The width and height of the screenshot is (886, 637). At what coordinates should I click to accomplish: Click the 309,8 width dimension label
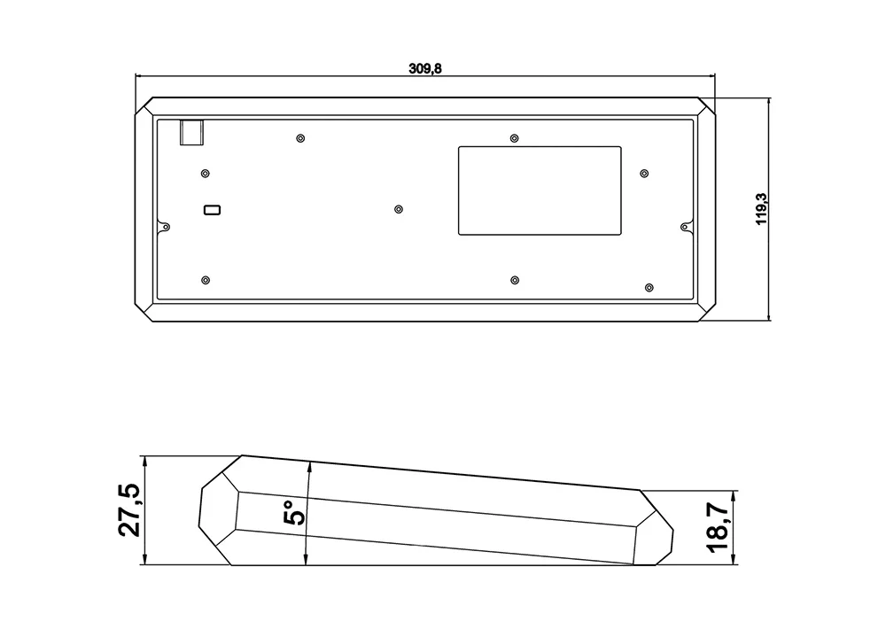(x=425, y=69)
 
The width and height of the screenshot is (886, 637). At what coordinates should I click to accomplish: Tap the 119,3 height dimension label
(x=762, y=209)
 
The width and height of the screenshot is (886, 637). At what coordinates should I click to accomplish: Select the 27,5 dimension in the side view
(x=129, y=509)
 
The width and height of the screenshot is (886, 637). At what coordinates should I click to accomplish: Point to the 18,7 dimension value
(x=717, y=527)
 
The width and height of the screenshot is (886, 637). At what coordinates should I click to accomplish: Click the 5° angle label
(x=294, y=513)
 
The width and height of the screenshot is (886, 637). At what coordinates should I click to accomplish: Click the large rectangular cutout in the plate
(x=540, y=191)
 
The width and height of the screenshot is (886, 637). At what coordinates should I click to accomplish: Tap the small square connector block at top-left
(x=191, y=133)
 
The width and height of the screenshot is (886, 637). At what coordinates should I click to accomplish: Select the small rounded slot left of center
(x=212, y=210)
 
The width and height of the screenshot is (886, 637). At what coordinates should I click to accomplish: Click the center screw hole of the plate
(x=399, y=210)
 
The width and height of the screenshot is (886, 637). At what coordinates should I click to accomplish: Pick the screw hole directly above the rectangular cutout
(x=514, y=138)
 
